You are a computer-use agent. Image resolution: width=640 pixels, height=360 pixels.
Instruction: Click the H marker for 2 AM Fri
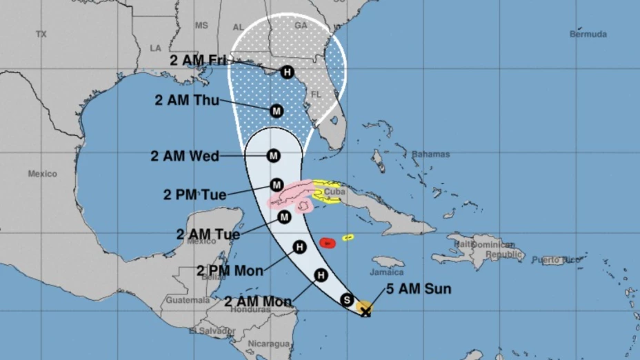287,72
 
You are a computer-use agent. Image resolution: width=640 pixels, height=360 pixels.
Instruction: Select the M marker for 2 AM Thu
277,110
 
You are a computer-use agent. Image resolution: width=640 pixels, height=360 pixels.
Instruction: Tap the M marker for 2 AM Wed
274,156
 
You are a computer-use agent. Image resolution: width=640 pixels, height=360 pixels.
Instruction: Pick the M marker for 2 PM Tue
277,185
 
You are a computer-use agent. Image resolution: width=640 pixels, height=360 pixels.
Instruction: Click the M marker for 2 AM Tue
283,218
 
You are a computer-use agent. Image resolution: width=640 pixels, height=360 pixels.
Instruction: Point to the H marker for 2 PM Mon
299,247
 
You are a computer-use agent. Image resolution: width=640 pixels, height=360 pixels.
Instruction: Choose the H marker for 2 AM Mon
320,276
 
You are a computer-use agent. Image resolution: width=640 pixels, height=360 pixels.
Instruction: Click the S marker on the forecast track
347,300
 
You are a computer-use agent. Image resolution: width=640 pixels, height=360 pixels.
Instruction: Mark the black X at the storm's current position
366,312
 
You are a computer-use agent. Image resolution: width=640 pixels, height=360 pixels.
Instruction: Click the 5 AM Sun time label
413,289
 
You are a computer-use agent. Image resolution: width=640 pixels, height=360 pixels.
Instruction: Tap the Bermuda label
588,34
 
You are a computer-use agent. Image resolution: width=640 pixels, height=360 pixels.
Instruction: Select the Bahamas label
430,154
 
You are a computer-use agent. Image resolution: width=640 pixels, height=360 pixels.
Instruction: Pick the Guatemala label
187,301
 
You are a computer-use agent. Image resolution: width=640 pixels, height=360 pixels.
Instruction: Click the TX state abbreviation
41,34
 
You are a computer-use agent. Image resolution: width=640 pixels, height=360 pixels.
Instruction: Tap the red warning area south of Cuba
328,242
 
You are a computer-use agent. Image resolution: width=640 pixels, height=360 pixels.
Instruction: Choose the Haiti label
465,245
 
